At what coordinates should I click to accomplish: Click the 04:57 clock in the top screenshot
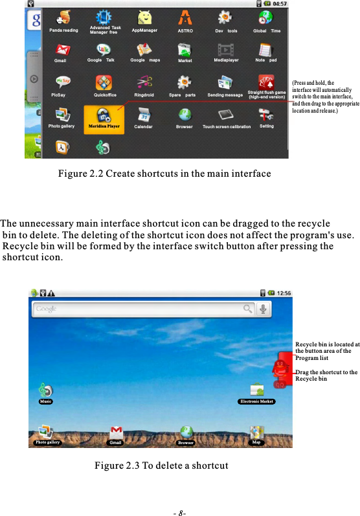[280, 4]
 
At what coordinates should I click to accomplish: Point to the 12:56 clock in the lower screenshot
[284, 293]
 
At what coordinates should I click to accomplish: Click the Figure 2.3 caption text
[161, 466]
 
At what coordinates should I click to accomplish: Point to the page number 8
[180, 511]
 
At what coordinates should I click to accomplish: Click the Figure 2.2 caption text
[164, 174]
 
